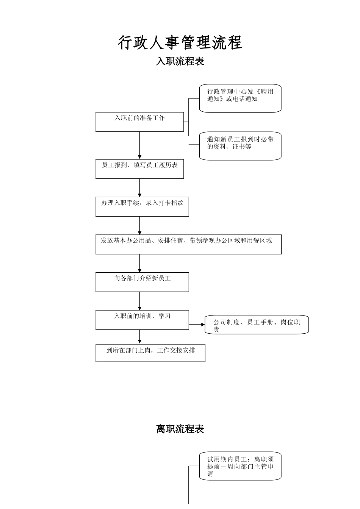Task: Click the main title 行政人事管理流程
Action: click(x=180, y=42)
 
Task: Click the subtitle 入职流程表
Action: click(x=180, y=61)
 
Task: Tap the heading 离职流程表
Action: click(x=180, y=429)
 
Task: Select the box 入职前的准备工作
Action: click(x=139, y=122)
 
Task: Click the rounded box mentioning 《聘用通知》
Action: click(x=240, y=98)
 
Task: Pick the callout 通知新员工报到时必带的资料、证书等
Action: click(x=240, y=146)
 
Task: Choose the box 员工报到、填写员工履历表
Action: click(x=139, y=169)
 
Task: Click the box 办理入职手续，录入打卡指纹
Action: click(x=142, y=206)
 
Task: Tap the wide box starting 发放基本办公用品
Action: click(x=188, y=244)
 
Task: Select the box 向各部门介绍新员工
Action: click(x=142, y=282)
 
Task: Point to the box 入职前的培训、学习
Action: click(x=142, y=320)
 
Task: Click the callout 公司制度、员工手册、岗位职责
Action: click(x=257, y=325)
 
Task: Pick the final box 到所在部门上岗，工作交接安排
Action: click(x=150, y=353)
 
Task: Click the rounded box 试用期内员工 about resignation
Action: click(x=240, y=466)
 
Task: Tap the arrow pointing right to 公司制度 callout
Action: click(x=197, y=325)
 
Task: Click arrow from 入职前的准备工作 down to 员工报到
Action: click(x=139, y=145)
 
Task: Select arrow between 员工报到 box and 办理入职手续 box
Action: click(x=139, y=187)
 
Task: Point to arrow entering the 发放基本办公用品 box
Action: click(x=139, y=225)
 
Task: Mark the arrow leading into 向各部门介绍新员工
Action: click(x=139, y=263)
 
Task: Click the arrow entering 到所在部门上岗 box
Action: click(x=139, y=337)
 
